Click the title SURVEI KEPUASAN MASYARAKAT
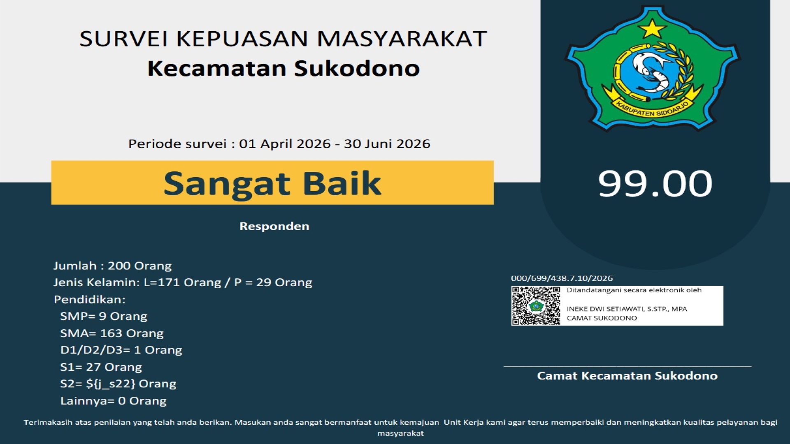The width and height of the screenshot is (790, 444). [283, 39]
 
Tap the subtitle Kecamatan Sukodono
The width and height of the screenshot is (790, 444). [283, 68]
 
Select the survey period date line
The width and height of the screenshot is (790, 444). [279, 143]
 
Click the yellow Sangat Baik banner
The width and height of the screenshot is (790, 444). [272, 183]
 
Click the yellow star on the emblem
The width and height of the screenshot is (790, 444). [652, 28]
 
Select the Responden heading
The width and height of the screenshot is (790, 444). [274, 226]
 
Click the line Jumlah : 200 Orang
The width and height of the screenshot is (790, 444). [112, 266]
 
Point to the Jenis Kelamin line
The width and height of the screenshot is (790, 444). [183, 282]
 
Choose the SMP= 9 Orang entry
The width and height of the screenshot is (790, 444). [104, 316]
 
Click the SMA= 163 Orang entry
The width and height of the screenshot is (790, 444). [112, 333]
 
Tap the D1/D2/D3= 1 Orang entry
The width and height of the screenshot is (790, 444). [121, 350]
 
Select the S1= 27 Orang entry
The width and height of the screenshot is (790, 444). [101, 367]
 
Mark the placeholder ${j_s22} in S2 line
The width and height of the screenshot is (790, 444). [110, 384]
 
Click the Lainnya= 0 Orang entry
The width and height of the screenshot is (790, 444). [113, 401]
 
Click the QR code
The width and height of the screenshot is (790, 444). [536, 306]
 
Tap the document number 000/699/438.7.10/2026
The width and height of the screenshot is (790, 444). [562, 278]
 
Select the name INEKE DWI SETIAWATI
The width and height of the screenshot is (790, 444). [604, 309]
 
